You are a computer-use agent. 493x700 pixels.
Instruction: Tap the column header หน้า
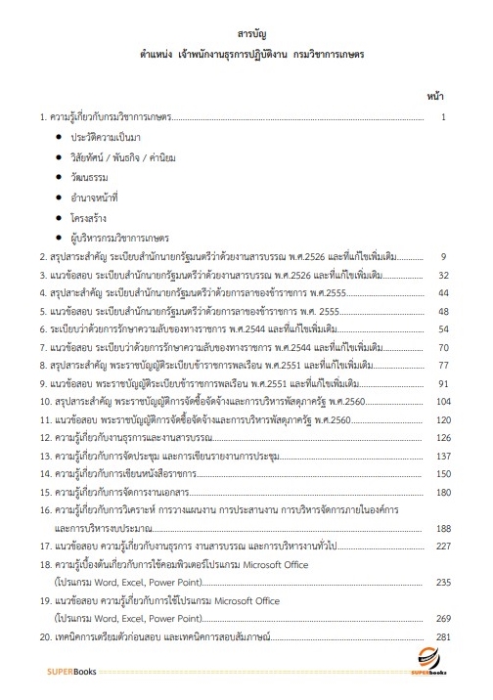click(x=435, y=96)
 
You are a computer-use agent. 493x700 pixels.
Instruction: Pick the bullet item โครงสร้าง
click(x=89, y=216)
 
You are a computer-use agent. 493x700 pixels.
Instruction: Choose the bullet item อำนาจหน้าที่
click(x=93, y=197)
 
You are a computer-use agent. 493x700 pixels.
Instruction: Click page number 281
click(x=440, y=637)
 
